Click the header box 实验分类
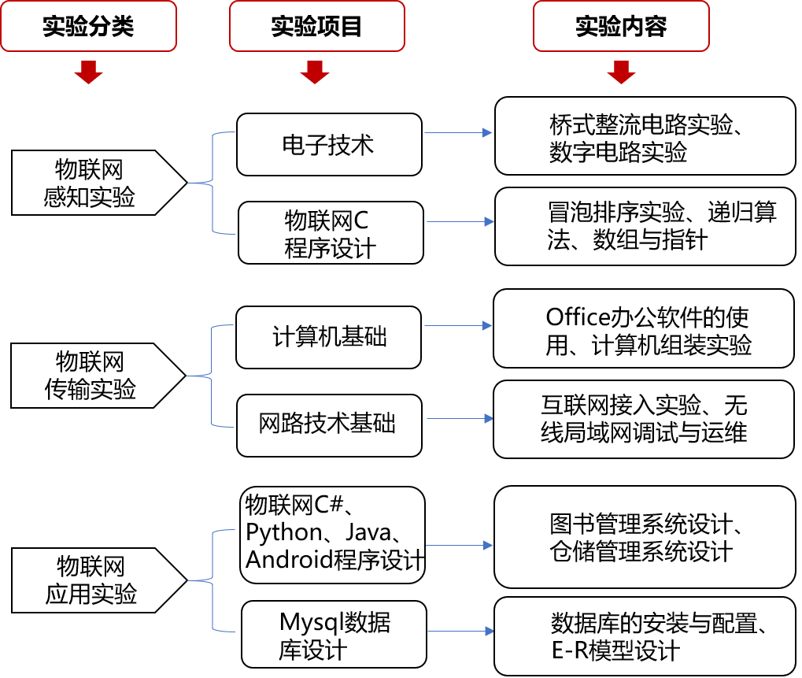(88, 27)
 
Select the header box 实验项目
(316, 27)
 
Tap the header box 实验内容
(621, 27)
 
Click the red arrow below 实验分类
(88, 72)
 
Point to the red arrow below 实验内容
(621, 72)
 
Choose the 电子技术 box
(329, 144)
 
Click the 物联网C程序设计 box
(331, 232)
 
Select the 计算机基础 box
(329, 337)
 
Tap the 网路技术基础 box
(329, 425)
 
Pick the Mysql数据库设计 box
(334, 635)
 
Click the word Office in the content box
(578, 317)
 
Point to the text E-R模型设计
(615, 651)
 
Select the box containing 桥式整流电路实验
(645, 135)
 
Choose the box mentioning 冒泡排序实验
(645, 226)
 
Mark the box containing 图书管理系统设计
(645, 537)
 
